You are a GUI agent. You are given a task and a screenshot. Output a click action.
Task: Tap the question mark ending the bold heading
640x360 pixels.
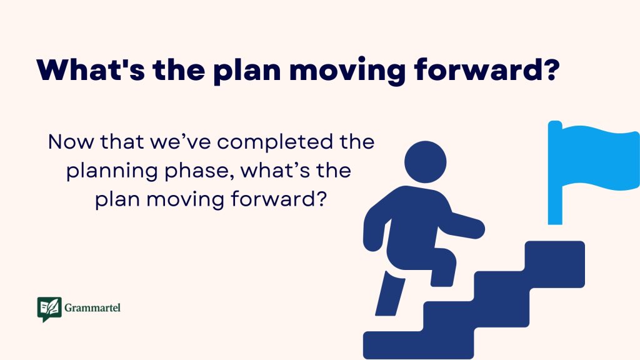coord(548,70)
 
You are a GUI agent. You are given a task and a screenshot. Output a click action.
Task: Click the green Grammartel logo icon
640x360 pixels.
coord(49,309)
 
